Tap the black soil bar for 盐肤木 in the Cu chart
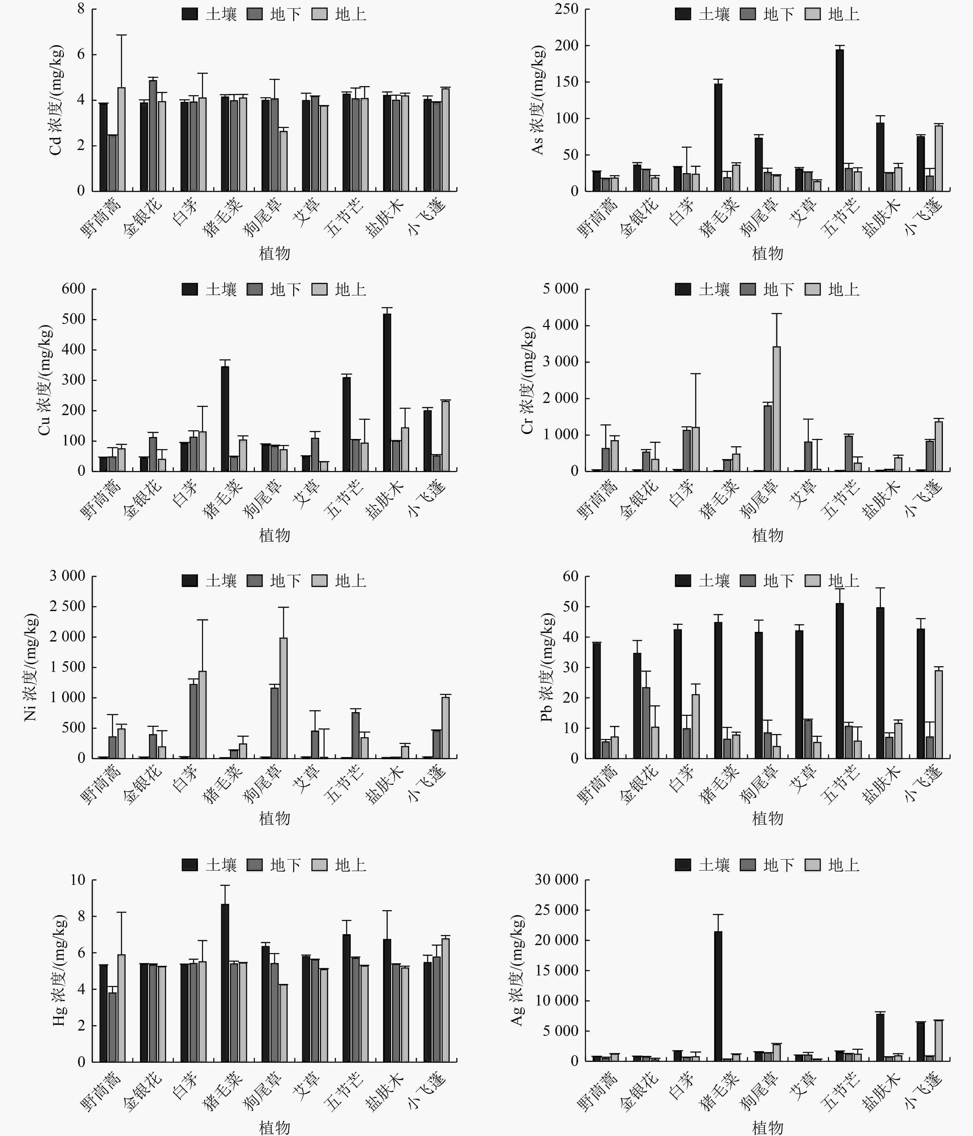coord(387,392)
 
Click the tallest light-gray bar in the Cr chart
coord(777,408)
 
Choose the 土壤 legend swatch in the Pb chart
coord(683,581)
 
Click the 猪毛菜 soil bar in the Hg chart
coord(225,983)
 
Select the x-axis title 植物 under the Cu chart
coord(274,535)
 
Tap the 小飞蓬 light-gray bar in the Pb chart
coord(939,714)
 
